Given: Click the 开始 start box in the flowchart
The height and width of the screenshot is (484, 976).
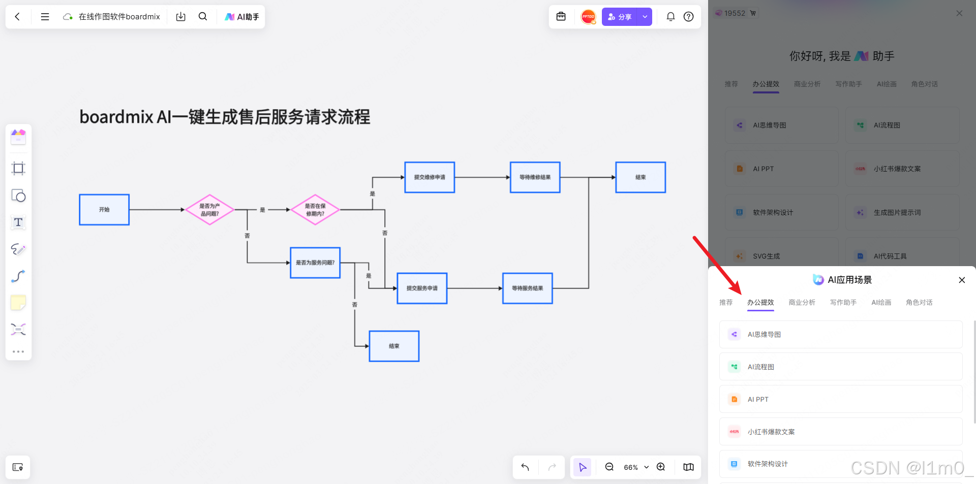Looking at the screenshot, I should coord(104,210).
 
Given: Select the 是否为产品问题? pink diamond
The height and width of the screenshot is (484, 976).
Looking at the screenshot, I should coord(209,210).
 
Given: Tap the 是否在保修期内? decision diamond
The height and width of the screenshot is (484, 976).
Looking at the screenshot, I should coord(315,210).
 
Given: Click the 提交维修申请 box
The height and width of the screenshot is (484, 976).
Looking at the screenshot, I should coord(430,177).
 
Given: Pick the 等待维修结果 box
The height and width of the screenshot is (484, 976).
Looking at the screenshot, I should coord(535,177).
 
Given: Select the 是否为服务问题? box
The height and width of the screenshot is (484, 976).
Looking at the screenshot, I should coord(315,263).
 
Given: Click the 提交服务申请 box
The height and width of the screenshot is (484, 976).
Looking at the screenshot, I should coord(422,288).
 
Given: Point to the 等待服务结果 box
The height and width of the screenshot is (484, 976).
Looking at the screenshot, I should coord(527,288).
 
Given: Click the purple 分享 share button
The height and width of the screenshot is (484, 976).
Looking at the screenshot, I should coord(620,17).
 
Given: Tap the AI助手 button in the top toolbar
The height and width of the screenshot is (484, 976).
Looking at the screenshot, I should coord(242,17).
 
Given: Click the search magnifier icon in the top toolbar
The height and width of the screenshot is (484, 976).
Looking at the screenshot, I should coord(203,17).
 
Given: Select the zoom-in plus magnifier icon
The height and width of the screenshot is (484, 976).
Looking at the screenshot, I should coord(661,467).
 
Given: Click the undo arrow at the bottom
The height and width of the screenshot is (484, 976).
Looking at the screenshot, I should coord(525,467).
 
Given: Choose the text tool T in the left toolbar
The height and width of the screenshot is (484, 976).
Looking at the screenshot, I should coord(18,222).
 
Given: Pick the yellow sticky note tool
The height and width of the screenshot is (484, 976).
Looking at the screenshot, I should coord(18,303).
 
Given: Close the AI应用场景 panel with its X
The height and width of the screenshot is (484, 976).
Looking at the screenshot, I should coord(962,280).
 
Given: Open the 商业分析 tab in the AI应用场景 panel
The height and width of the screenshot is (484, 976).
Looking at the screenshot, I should coord(802,303).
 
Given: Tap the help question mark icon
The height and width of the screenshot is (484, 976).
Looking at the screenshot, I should coord(688,17).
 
